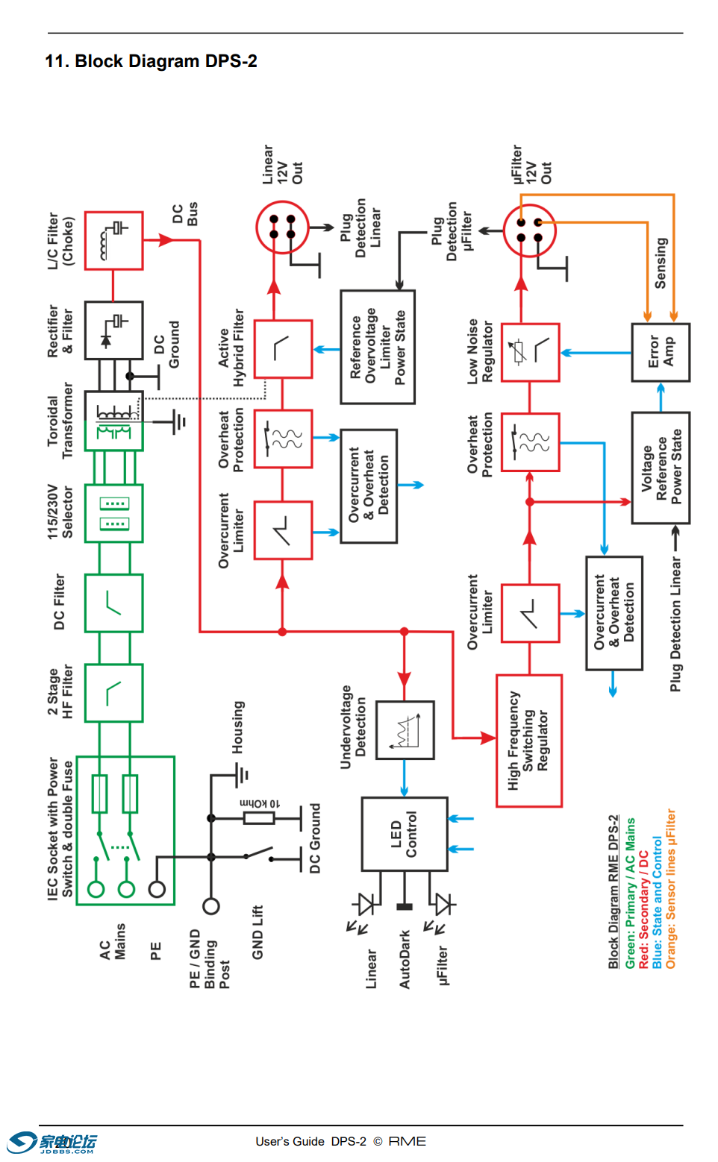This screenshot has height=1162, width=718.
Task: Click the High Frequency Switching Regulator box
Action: pos(529,741)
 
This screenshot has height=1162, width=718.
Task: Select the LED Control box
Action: pos(405,834)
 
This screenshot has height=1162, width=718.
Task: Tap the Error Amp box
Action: pos(661,352)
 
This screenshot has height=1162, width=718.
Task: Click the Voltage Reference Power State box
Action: pos(661,468)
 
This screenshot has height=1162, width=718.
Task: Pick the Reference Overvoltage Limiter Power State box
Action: pos(378,347)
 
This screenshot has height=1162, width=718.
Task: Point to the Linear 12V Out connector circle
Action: pos(282,227)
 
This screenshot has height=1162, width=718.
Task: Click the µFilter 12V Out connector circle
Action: pos(529,230)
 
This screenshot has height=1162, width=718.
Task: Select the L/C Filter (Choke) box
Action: pos(113,240)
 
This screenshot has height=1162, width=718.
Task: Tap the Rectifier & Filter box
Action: pos(113,330)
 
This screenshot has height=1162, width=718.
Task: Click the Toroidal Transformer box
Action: pos(113,421)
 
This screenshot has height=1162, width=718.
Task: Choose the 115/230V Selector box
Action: pos(113,513)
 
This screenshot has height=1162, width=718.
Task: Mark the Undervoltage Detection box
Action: pos(405,729)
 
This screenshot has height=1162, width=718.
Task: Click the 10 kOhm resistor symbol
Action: pos(259,818)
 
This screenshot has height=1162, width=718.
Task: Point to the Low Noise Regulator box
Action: pos(530,352)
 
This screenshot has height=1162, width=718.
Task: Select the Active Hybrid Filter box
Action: pos(283,349)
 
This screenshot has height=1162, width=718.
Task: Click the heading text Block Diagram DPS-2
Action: pos(151,61)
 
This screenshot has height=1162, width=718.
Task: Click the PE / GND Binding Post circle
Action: pos(211,906)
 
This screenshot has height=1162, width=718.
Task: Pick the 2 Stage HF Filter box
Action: pos(113,693)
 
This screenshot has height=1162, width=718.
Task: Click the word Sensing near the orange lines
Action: pos(661,263)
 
